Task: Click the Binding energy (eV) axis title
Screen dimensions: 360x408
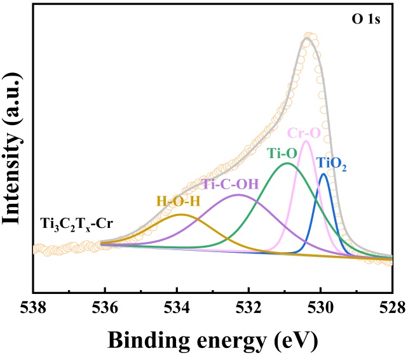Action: click(212, 340)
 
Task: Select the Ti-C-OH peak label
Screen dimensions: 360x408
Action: click(230, 184)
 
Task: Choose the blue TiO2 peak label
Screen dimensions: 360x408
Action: click(332, 164)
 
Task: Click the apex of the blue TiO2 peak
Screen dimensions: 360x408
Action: click(324, 174)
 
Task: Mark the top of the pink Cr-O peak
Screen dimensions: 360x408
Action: click(306, 141)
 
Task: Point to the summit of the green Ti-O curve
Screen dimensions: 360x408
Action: click(288, 163)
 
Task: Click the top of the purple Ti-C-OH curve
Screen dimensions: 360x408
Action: click(238, 195)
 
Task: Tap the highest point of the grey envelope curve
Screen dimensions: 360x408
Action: click(308, 39)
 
